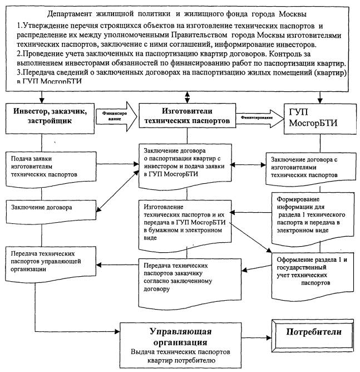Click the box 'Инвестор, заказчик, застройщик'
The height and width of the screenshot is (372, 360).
[48, 115]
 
